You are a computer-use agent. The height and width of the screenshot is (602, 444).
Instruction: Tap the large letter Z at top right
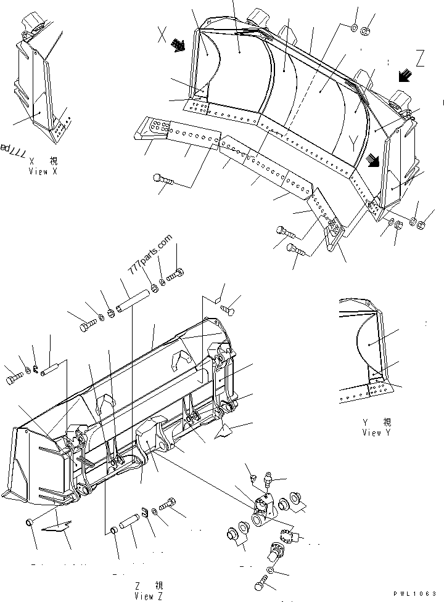420,60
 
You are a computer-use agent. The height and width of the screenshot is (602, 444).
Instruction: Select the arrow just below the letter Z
405,76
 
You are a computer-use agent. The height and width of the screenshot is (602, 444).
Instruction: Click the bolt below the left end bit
164,180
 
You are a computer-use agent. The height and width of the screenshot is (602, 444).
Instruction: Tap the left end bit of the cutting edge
157,128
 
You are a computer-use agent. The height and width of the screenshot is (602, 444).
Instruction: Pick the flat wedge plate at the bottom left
57,526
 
